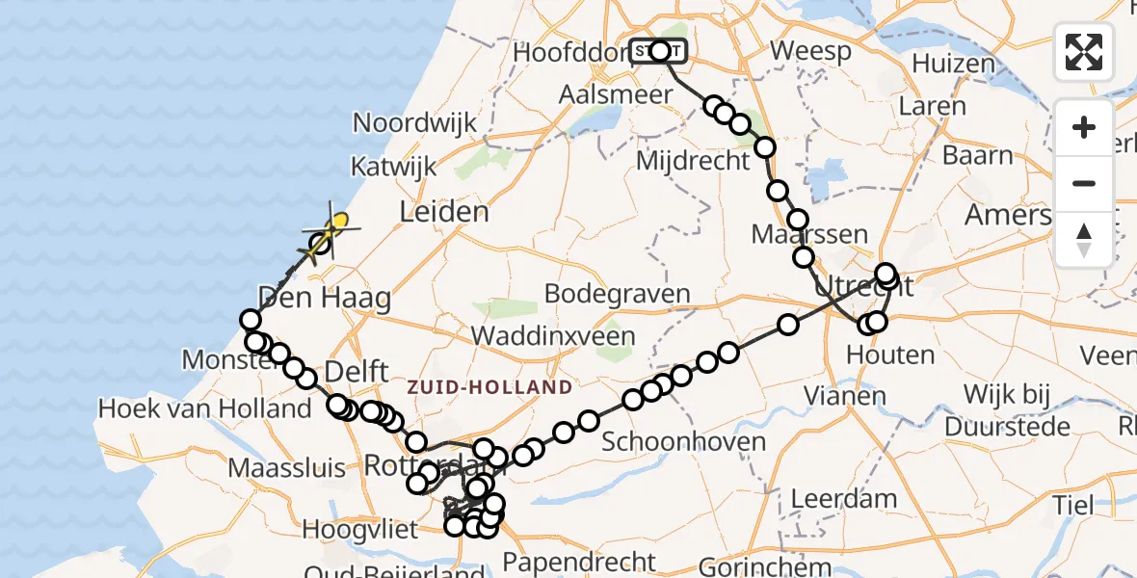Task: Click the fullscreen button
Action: point(1084,52)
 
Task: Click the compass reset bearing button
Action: point(1084,240)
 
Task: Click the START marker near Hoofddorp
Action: point(659,51)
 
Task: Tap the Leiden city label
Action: point(445,212)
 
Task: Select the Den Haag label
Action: point(324,297)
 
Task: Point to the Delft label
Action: point(357,371)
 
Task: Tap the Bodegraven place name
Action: point(617,294)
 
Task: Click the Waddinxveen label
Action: point(553,336)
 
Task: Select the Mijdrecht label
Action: point(693,160)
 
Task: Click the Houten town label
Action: point(890,355)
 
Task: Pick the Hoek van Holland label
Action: point(205,408)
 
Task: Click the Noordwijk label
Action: point(415,123)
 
